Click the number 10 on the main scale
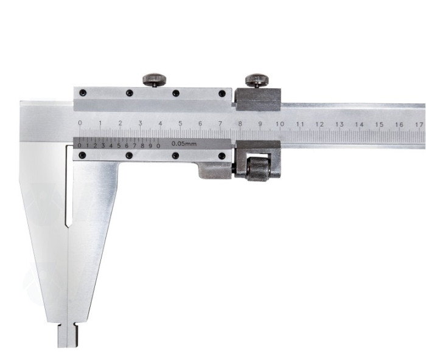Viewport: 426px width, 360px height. tap(280, 124)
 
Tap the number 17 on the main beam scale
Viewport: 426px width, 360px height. tap(419, 125)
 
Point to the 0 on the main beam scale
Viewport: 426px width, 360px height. tap(80, 123)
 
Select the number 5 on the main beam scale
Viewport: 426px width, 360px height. tap(180, 123)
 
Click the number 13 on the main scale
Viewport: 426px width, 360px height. tap(340, 124)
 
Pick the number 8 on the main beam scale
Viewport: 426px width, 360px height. tap(240, 123)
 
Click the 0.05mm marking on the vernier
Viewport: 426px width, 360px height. tap(184, 144)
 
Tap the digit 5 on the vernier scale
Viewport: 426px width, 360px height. tap(119, 146)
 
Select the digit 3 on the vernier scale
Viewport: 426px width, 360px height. tap(103, 146)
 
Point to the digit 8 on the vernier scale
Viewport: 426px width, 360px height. tap(142, 146)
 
